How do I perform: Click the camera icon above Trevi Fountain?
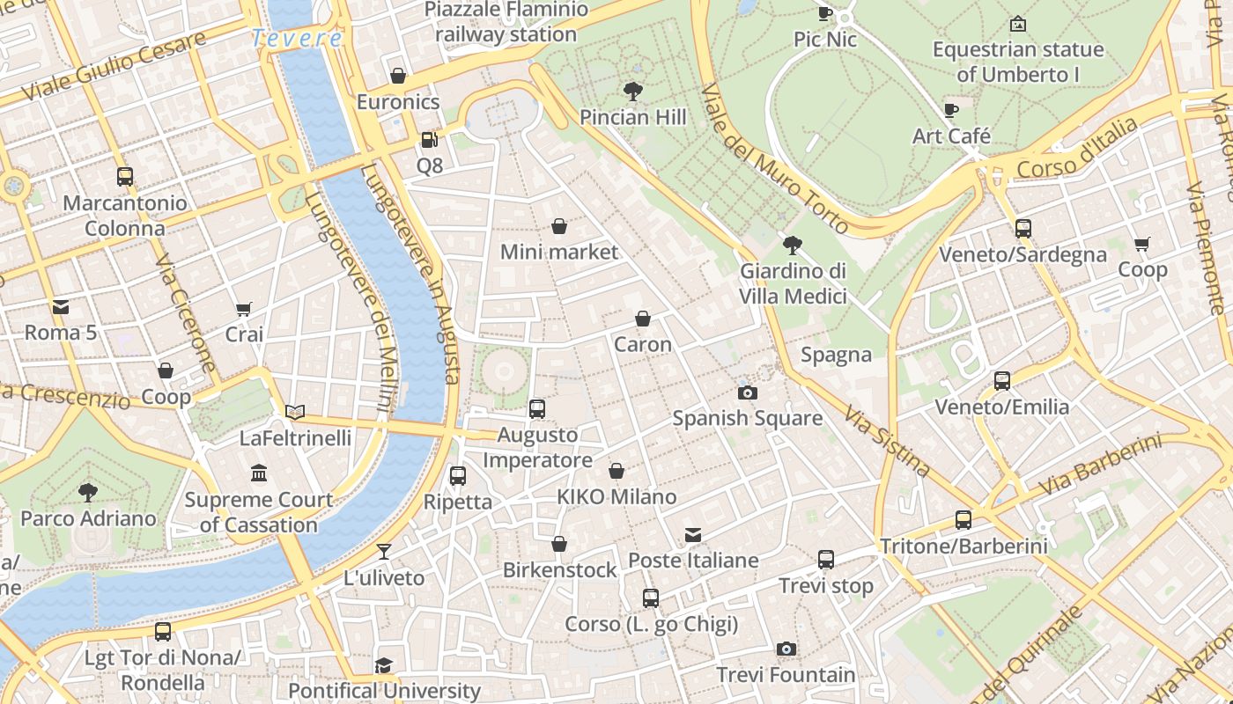tap(786, 649)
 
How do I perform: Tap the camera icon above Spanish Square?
tap(747, 392)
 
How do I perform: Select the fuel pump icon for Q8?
tap(429, 139)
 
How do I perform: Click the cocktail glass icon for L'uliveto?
tap(384, 552)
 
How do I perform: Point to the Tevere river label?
tap(297, 39)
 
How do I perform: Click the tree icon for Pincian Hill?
tap(632, 91)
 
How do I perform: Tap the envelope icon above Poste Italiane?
tap(693, 534)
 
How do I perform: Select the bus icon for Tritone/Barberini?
tap(964, 520)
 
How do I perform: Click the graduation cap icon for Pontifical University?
tap(384, 665)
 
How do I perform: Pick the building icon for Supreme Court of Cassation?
tap(259, 473)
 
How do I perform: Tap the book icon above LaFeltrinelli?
tap(295, 412)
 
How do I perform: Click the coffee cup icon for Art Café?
tap(951, 110)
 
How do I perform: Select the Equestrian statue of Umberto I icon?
tap(1018, 24)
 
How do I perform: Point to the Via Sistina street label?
tap(888, 441)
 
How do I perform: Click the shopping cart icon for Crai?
tap(244, 309)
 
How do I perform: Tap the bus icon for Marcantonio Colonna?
tap(125, 176)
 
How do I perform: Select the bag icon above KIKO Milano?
tap(616, 471)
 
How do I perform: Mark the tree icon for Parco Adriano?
tap(88, 492)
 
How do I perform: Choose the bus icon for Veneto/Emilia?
tap(1002, 381)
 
